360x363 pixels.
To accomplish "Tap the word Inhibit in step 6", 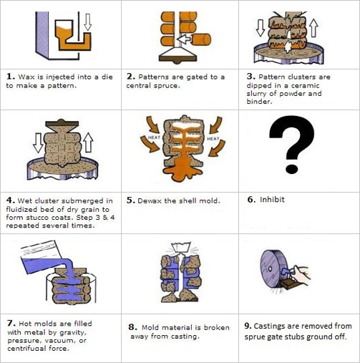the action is tap(272, 200).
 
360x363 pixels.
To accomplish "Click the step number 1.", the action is tap(11, 77).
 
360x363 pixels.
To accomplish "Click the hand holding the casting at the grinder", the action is tap(301, 274).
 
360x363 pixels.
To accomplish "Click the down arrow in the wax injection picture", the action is tap(88, 22).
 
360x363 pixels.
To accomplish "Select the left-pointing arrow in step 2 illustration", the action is tap(184, 39).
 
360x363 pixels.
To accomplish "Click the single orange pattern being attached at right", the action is tap(201, 39).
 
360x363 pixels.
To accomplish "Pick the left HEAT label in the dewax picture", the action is tap(154, 137).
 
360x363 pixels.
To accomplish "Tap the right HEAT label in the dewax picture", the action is tap(213, 138).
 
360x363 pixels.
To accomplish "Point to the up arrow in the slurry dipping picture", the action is tap(313, 28).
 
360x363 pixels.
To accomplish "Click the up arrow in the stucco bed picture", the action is tap(88, 142).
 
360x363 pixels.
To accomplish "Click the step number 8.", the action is tap(132, 327).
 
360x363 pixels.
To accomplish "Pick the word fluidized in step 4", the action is tap(21, 210).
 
